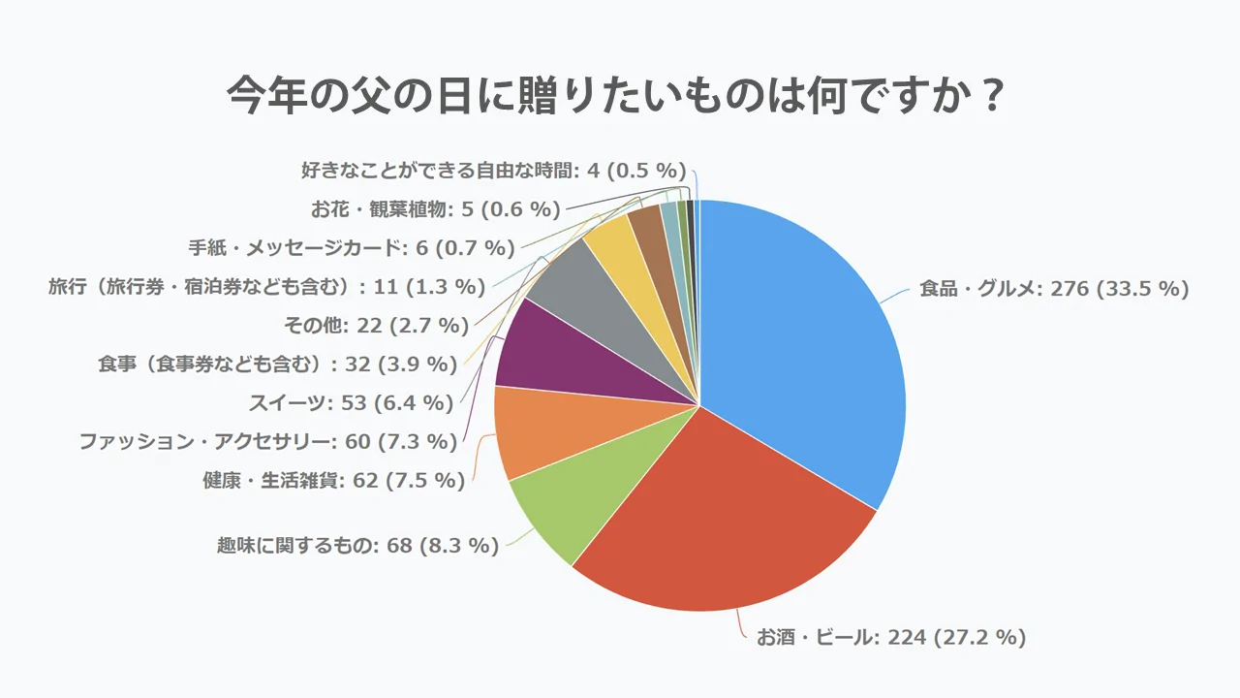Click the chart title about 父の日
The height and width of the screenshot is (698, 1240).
click(x=613, y=97)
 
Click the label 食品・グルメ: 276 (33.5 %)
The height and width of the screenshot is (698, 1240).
click(x=1054, y=289)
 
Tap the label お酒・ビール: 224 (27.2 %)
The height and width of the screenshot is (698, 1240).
click(x=890, y=637)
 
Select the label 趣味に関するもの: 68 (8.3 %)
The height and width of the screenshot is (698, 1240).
click(x=357, y=546)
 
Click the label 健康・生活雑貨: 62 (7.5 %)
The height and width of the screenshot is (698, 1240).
click(x=334, y=480)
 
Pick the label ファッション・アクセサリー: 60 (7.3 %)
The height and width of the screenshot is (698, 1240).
click(x=267, y=442)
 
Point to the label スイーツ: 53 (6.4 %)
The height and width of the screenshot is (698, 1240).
click(x=351, y=402)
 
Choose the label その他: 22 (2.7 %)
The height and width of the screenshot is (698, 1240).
click(x=377, y=326)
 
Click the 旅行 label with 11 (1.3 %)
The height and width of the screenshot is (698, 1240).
click(x=266, y=287)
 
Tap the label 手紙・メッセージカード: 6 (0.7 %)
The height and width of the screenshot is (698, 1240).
click(x=351, y=248)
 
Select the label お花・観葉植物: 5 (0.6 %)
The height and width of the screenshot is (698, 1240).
click(x=436, y=209)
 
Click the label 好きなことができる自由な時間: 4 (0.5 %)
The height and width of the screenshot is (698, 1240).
click(x=493, y=171)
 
